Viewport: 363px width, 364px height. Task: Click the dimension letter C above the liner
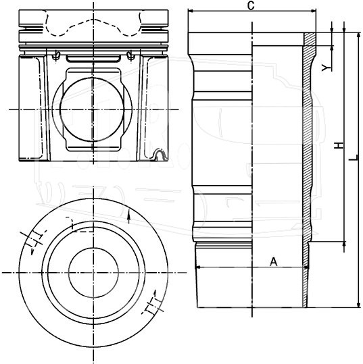coord(251,6)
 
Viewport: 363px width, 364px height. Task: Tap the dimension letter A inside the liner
coord(274,262)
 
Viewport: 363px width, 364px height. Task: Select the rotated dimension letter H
coord(339,146)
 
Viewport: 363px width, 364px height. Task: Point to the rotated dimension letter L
coord(354,157)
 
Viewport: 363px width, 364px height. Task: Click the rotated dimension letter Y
coord(326,68)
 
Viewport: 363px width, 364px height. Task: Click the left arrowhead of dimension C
coord(191,11)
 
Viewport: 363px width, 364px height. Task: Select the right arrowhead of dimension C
coord(313,11)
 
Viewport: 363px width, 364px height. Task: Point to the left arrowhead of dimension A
coord(198,267)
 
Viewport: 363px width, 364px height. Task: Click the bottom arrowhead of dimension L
coord(358,305)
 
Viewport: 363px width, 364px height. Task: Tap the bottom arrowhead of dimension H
coord(344,244)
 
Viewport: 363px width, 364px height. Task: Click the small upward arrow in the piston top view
coord(128,218)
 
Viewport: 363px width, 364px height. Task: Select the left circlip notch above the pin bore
coord(56,55)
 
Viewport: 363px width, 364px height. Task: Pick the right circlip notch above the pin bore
coord(130,55)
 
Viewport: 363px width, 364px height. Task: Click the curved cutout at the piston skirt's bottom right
coord(160,155)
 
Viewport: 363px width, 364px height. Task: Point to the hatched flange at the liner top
coord(310,39)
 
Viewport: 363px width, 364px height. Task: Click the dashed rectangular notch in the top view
coord(80,224)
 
